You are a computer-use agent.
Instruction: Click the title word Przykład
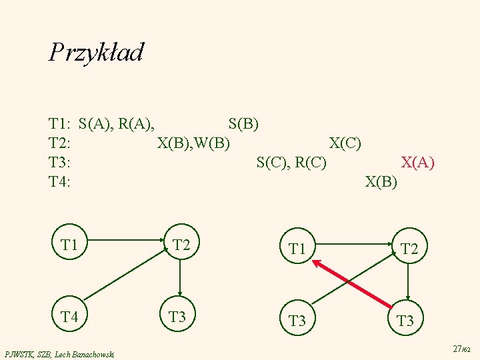(96, 52)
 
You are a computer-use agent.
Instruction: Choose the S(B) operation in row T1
(243, 123)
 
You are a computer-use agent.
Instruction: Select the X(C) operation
(345, 143)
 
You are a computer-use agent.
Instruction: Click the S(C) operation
(273, 162)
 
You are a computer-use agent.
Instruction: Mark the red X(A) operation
(417, 162)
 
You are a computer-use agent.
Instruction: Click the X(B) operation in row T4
(381, 181)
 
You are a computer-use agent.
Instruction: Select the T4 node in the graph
(70, 317)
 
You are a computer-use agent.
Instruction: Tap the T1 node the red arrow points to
(297, 249)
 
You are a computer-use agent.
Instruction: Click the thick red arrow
(352, 285)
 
